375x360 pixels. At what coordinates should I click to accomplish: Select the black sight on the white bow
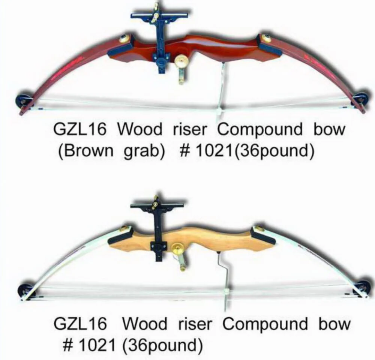point(157,225)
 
